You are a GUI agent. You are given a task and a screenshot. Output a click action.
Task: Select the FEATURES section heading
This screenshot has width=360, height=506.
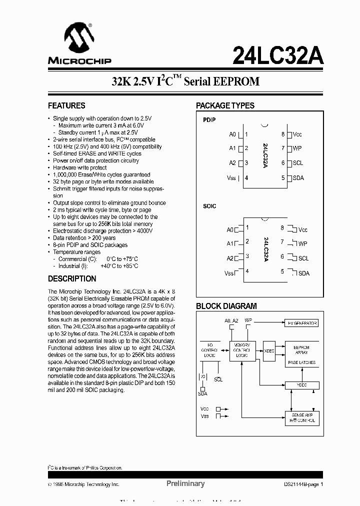(66, 105)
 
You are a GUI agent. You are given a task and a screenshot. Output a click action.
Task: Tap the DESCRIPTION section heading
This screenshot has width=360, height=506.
(72, 279)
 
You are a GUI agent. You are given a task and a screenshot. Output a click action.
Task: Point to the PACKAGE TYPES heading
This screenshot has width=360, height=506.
(225, 105)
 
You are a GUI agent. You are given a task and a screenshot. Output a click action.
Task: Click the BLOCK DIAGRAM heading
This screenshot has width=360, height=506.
(226, 306)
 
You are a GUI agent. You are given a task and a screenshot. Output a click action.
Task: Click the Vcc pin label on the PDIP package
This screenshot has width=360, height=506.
(297, 134)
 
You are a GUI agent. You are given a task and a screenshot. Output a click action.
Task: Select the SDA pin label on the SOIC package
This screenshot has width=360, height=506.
(303, 273)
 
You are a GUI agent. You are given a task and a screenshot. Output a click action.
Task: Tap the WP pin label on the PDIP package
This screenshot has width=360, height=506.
(297, 148)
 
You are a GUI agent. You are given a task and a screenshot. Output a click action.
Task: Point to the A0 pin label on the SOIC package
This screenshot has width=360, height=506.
(230, 230)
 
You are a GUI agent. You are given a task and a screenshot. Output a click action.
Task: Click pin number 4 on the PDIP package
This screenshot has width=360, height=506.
(246, 178)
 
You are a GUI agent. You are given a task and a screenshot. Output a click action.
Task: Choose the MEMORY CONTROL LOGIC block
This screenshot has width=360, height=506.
(242, 349)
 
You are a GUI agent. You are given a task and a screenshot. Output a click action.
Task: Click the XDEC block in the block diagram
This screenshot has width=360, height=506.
(269, 350)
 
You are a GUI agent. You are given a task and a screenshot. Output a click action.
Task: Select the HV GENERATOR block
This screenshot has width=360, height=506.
(301, 323)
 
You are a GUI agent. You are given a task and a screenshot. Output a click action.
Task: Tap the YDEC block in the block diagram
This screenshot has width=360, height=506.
(301, 385)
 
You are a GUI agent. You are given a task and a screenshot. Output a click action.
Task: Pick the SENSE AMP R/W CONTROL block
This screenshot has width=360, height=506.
(301, 418)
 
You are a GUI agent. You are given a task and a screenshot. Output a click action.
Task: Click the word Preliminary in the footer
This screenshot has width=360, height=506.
(185, 483)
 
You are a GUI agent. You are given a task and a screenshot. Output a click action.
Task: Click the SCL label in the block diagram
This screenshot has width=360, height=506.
(218, 379)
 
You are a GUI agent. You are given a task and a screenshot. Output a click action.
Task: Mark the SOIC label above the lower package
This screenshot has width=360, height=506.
(209, 206)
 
